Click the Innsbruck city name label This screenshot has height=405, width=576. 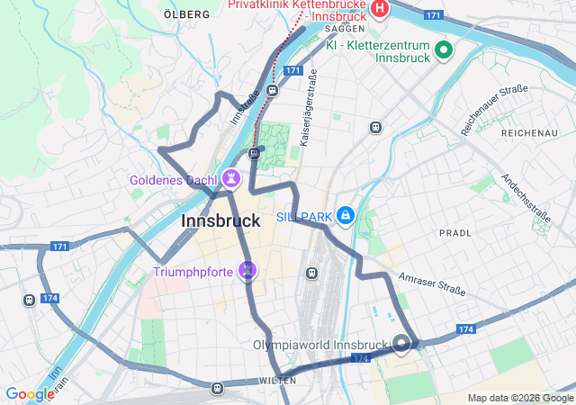point(220,220)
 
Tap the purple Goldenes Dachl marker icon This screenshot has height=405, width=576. point(232,178)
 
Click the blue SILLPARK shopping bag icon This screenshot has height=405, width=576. point(346,216)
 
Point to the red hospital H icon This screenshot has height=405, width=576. point(380,10)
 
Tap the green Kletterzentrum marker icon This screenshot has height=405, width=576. point(443,49)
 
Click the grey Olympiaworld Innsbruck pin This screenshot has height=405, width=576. point(401,343)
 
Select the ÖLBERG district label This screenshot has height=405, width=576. point(187,14)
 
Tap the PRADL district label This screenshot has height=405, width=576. point(454,232)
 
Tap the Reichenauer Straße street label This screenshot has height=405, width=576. point(494,109)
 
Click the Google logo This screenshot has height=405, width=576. point(30,394)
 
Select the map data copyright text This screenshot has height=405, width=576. point(519,398)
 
